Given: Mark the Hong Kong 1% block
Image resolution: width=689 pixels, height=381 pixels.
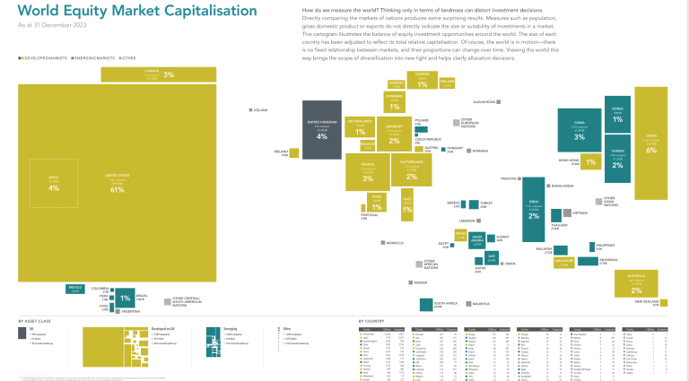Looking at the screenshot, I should (x=589, y=162).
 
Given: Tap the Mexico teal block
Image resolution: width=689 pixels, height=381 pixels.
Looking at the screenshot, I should (x=74, y=289).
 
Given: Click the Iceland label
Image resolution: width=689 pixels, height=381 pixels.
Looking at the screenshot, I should (x=259, y=110).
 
